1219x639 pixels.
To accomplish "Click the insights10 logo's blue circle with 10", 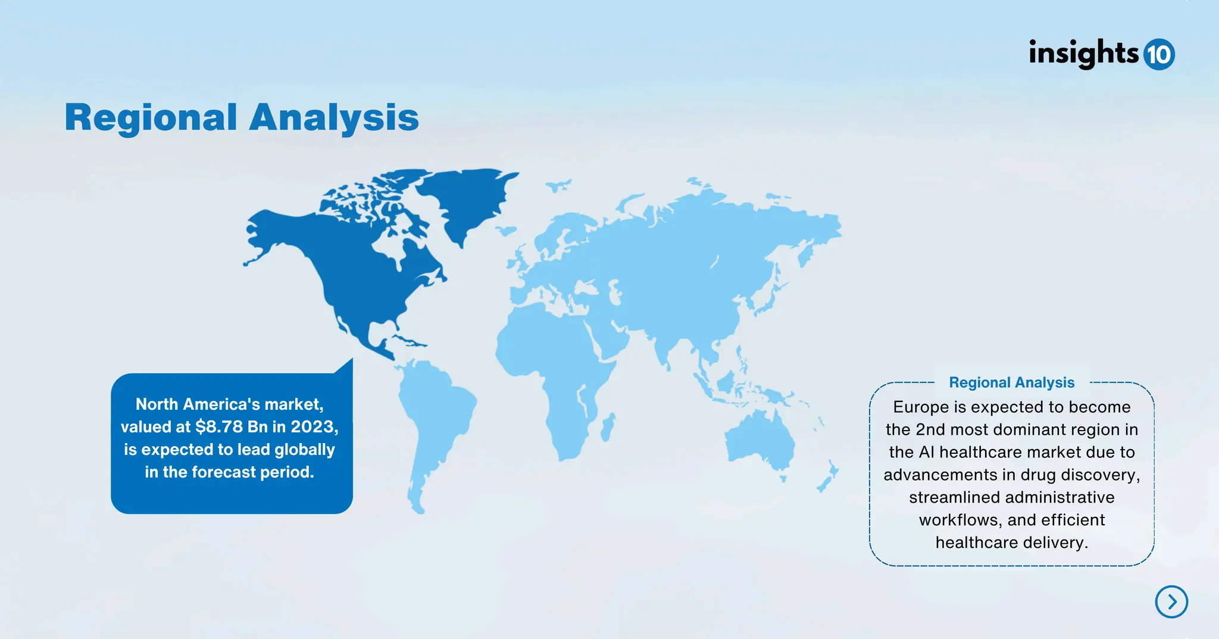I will coord(1159,55).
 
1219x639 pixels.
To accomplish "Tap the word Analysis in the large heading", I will coord(334,117).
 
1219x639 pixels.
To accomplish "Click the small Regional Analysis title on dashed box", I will coord(1011,382).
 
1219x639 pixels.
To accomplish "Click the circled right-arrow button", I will coord(1171,601).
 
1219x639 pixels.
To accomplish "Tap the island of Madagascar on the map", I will coord(608,428).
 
